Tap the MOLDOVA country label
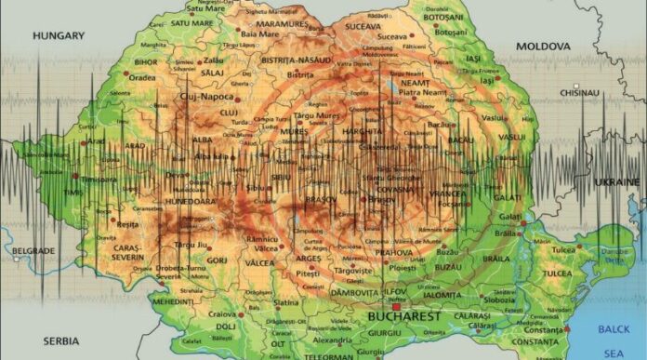[543, 46]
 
